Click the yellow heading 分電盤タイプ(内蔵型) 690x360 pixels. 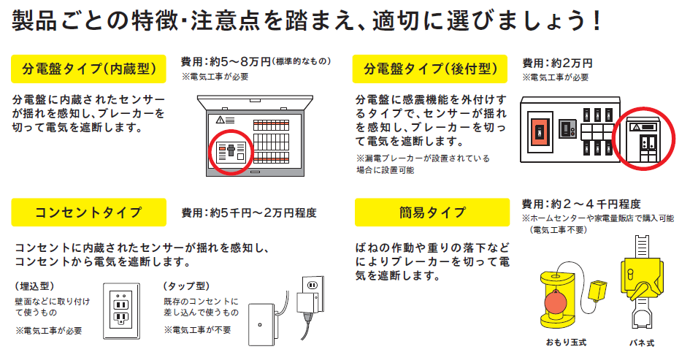point(88,69)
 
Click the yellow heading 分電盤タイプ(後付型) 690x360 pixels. point(430,69)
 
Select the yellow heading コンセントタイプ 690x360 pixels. point(88,212)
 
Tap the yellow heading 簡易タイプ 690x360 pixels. point(432,212)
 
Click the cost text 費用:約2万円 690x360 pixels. point(557,64)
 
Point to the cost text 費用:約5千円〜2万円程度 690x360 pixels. point(249,213)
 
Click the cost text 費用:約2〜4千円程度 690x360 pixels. point(581,204)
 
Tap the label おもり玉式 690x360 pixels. point(566,342)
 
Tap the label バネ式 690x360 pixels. point(642,342)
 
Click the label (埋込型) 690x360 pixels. point(35,286)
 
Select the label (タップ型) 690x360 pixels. point(187,286)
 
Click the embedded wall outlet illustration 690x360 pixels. point(121,311)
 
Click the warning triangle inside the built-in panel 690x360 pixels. point(220,120)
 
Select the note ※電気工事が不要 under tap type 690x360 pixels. point(198,330)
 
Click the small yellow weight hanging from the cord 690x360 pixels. point(597,291)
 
